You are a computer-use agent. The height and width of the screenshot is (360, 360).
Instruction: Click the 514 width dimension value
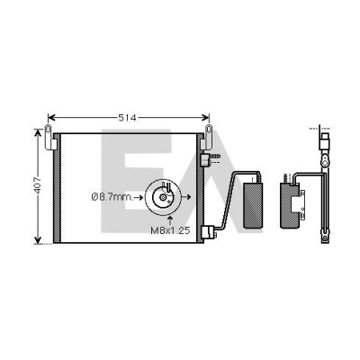click(127, 118)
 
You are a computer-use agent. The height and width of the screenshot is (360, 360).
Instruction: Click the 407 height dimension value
click(37, 185)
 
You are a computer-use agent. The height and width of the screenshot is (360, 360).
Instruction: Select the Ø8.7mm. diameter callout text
click(112, 197)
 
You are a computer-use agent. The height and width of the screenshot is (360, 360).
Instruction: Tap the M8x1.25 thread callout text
click(170, 230)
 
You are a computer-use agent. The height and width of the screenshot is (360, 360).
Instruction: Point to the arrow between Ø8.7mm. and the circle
click(139, 197)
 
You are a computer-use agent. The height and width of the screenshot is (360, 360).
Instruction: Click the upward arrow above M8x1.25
click(170, 220)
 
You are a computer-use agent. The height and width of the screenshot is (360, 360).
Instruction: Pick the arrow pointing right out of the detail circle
click(186, 197)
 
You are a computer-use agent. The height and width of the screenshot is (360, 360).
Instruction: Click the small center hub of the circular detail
click(163, 197)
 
